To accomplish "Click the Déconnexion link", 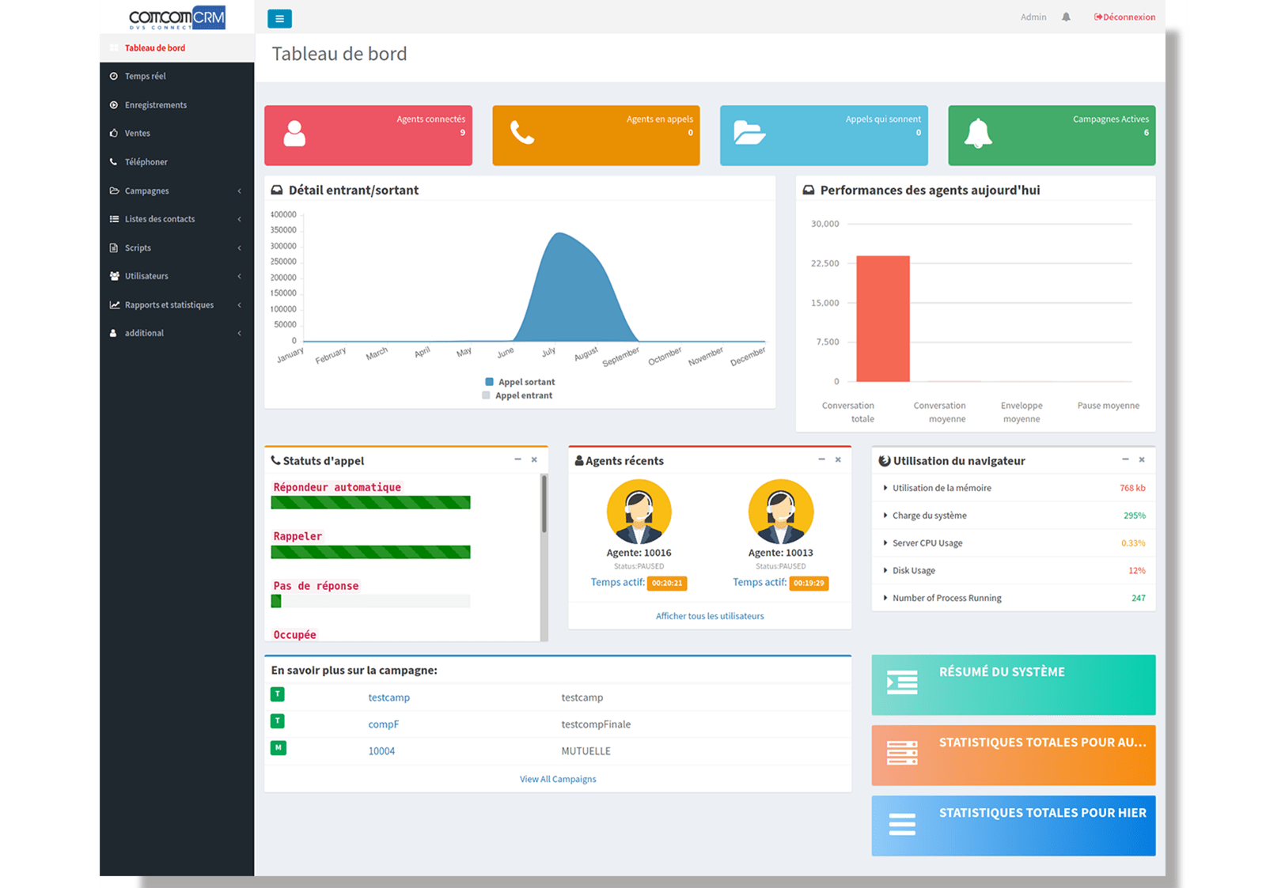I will [x=1124, y=17].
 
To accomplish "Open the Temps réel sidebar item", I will [x=145, y=77].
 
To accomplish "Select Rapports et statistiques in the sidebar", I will [x=169, y=305].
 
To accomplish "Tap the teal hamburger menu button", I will [x=279, y=19].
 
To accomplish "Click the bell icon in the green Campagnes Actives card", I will [x=978, y=134].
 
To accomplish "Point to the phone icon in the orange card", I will [x=522, y=133].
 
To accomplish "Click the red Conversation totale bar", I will [x=883, y=319].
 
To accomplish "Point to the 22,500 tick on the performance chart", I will [x=824, y=263].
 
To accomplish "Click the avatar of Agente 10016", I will [x=639, y=512].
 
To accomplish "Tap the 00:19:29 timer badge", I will [x=809, y=584].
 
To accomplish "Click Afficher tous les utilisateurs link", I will [x=710, y=616].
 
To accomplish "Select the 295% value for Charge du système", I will [x=1134, y=516].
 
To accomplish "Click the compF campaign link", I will [x=383, y=724].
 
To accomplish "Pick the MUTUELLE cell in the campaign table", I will [x=586, y=751].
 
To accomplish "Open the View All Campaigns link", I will [x=558, y=780].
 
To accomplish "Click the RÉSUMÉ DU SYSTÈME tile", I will [x=1013, y=685].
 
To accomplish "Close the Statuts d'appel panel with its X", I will [x=534, y=459].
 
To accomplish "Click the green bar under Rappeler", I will [x=370, y=552].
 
